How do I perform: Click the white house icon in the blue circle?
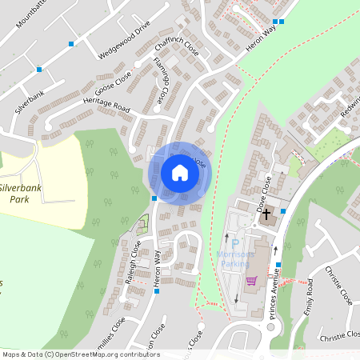coord(180,172)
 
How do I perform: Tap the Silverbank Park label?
coord(20,191)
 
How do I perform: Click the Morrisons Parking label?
coord(235,258)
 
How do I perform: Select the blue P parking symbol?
coord(235,244)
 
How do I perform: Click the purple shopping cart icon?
coord(251,280)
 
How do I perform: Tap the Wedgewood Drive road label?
coord(124,40)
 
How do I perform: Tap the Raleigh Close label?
coord(134,257)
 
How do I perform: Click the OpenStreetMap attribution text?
coord(80,354)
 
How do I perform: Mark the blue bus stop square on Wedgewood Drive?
coord(71,42)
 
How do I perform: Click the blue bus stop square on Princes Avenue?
coord(283,210)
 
